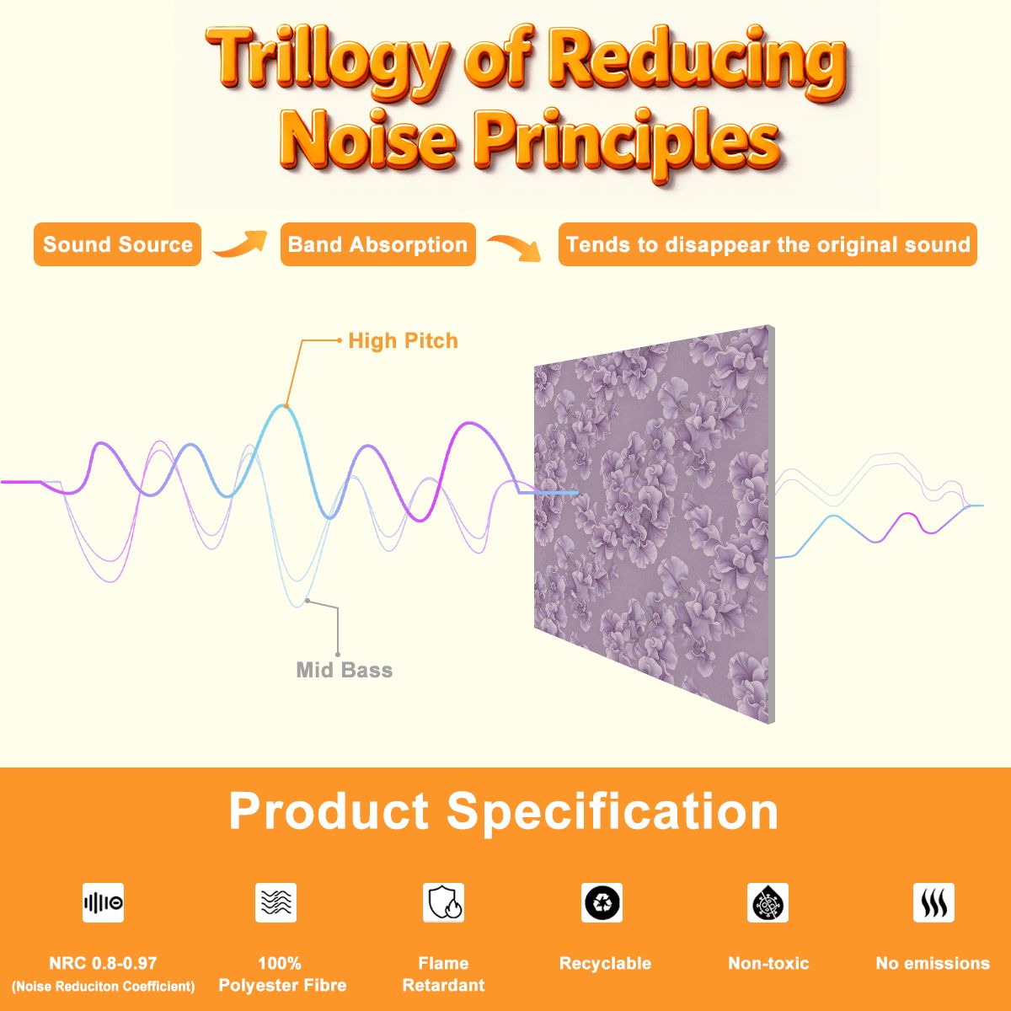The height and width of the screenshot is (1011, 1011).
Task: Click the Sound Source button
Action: (117, 244)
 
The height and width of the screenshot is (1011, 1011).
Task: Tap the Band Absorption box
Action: (377, 244)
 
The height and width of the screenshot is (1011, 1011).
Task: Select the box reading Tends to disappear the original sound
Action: (768, 244)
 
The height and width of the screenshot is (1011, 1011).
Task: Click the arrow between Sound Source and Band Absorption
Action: (240, 243)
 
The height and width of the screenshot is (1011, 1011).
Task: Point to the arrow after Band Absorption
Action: (514, 247)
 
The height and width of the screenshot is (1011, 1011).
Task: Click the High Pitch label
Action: (403, 341)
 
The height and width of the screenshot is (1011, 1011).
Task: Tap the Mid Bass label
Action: (345, 670)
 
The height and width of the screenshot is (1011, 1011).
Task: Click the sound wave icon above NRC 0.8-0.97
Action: (104, 902)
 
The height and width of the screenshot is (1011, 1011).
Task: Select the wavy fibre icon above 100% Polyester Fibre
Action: (276, 902)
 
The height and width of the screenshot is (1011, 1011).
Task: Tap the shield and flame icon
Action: (444, 902)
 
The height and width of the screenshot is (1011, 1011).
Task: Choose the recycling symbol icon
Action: (602, 902)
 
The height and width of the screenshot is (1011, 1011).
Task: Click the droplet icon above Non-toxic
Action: (768, 902)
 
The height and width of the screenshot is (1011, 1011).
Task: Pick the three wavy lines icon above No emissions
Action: (933, 902)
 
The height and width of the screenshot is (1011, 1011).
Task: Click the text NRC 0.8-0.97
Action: (103, 963)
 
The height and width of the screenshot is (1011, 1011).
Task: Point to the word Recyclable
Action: (605, 963)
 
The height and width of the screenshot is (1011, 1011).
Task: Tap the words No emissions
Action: (933, 963)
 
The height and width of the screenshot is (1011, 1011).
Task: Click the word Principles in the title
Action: (628, 142)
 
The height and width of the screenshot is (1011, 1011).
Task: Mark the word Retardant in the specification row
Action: (444, 985)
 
